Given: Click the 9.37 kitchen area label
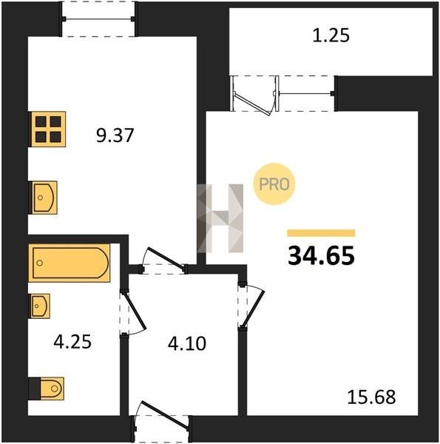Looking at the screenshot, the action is [115, 135].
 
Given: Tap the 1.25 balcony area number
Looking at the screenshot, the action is [331, 36].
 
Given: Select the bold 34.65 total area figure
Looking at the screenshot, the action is [321, 256].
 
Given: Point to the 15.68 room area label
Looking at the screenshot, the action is [371, 397].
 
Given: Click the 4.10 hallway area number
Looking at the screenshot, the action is [187, 344].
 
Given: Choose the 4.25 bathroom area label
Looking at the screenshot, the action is [72, 342].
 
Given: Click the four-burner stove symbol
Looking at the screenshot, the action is [48, 129].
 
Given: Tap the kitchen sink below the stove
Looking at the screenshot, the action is [44, 198].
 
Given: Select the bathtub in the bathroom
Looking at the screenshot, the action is [70, 263].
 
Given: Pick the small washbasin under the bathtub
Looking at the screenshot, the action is [40, 306].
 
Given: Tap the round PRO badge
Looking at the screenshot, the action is [274, 184].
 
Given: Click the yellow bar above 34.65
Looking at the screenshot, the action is [321, 233].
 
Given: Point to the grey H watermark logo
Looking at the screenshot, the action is [220, 218].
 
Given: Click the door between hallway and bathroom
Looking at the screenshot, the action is [132, 313].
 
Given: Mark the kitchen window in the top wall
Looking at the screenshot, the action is [98, 19].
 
